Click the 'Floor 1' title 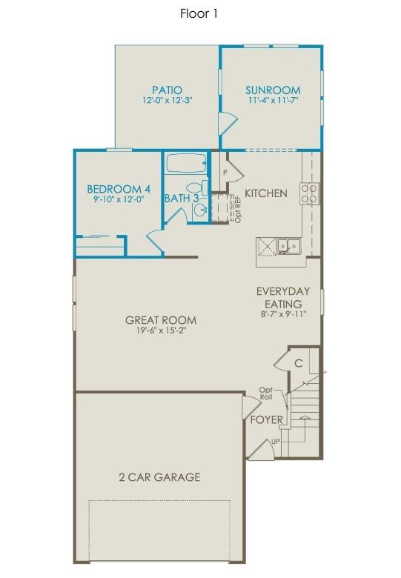tap(199, 13)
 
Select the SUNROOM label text tap(273, 90)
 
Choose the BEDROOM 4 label tap(119, 188)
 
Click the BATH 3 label tap(182, 199)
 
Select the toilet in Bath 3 tap(196, 188)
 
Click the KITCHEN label tap(266, 193)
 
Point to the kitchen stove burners tap(310, 193)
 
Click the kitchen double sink tap(288, 245)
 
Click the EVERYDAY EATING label tap(283, 297)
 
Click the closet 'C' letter tap(298, 363)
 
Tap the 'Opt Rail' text tap(266, 394)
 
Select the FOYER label tap(265, 419)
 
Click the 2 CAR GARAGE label tap(160, 477)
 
